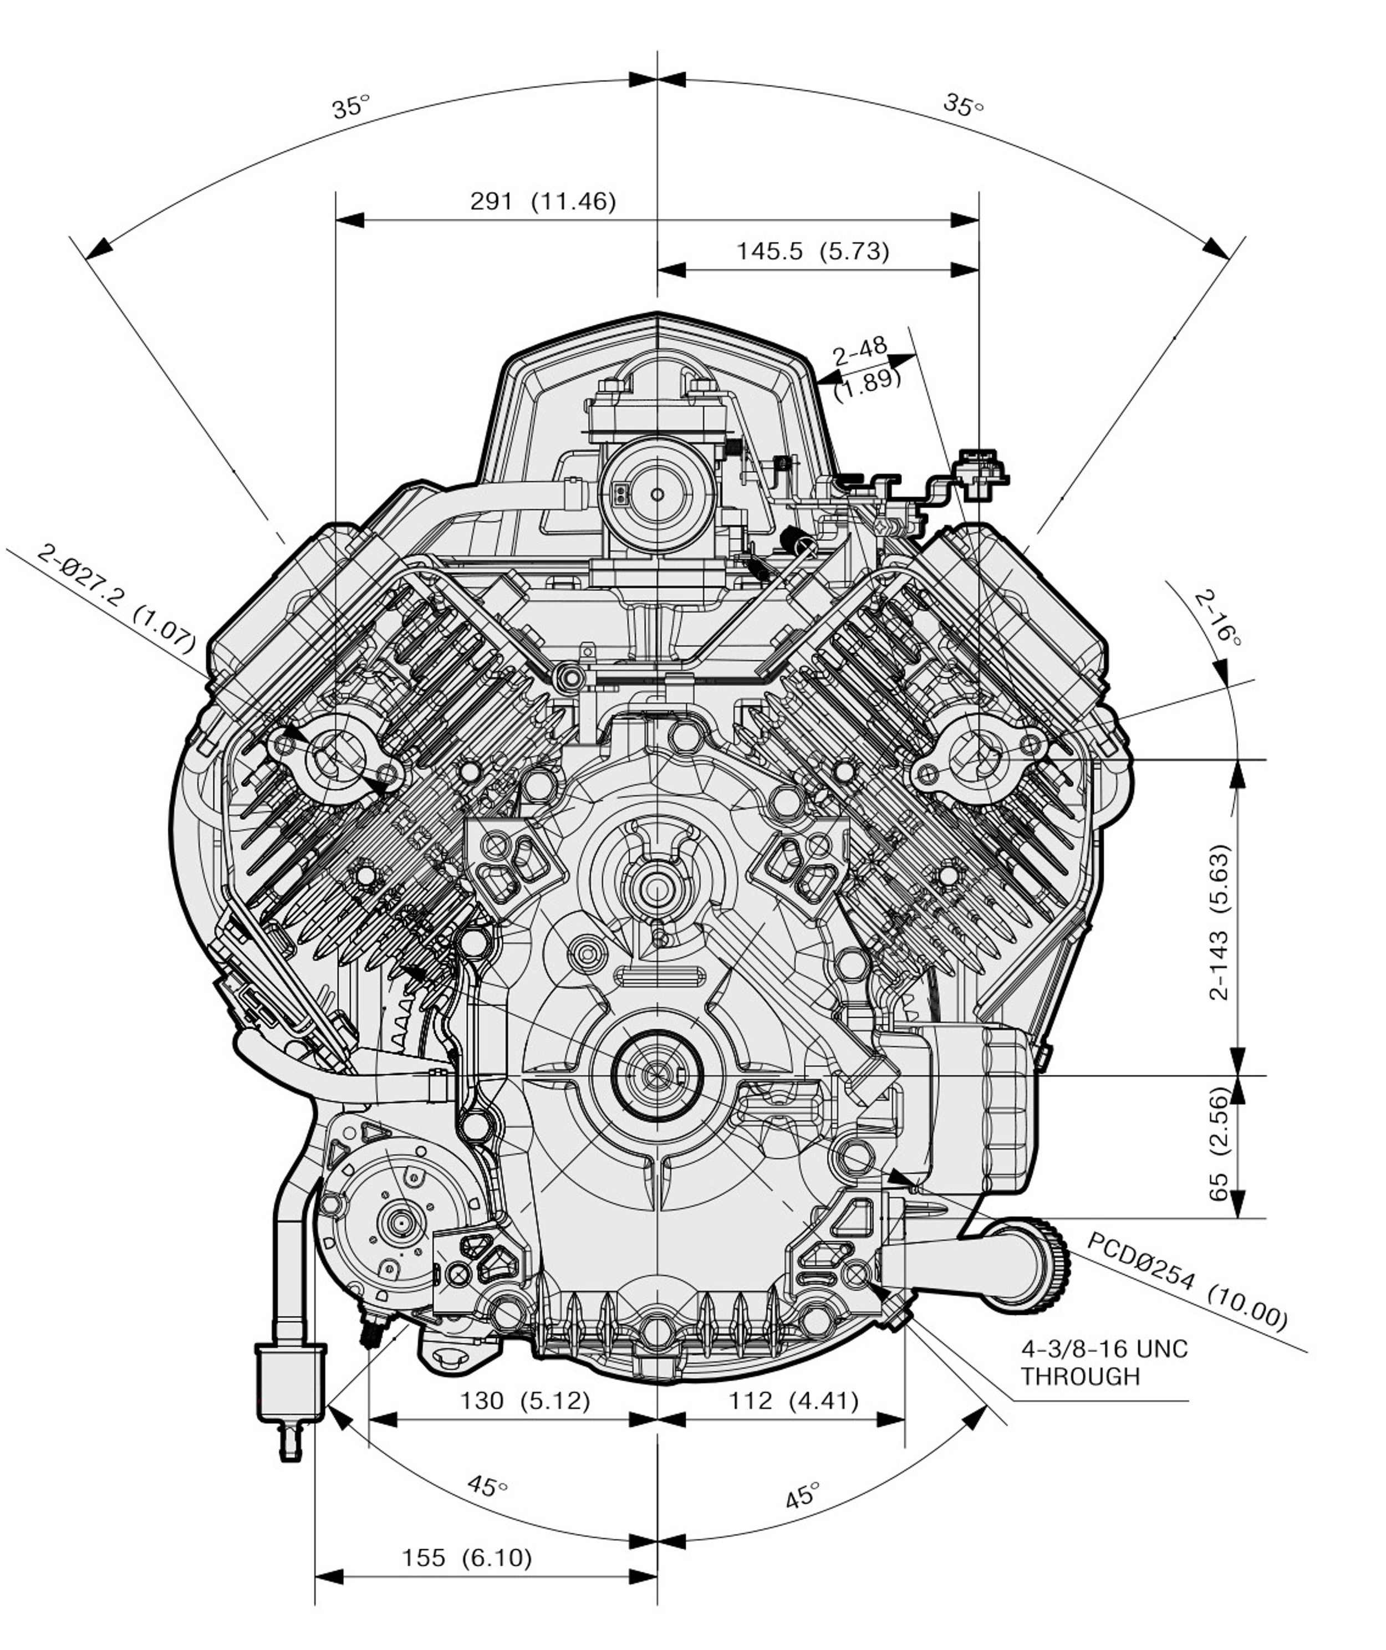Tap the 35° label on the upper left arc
[350, 106]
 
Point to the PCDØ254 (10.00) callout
[1186, 1281]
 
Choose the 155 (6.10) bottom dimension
[467, 1557]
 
